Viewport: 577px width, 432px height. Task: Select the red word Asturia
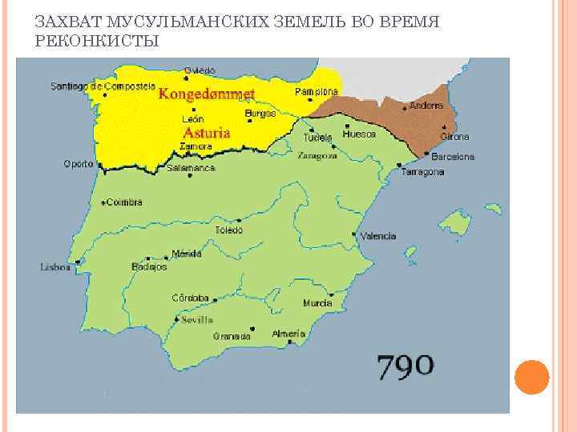[207, 133]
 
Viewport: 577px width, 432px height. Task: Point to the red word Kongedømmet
[207, 94]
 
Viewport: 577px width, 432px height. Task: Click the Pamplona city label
[317, 92]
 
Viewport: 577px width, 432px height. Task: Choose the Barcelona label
[453, 157]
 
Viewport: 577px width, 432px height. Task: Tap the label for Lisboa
[56, 267]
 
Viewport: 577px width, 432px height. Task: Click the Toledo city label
[228, 230]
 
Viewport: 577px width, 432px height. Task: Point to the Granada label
[232, 337]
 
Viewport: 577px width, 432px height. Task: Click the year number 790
[406, 367]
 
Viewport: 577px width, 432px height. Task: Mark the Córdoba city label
[192, 298]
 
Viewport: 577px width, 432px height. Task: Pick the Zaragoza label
[317, 156]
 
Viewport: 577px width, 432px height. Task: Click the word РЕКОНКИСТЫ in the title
[98, 39]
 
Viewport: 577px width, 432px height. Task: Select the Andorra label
[426, 106]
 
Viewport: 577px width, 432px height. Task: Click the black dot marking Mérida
[167, 256]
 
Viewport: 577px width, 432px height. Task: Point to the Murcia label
[317, 303]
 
